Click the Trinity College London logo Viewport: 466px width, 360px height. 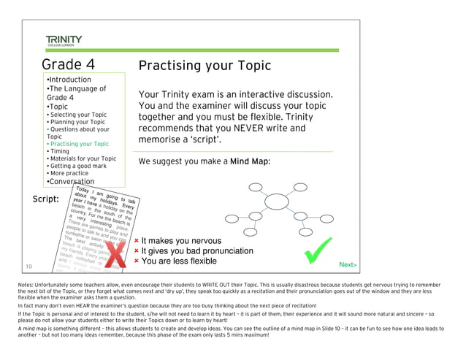(64, 40)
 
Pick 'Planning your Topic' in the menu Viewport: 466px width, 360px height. (76, 122)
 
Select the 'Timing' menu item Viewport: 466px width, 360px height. (61, 151)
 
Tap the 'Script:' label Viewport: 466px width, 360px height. (46, 199)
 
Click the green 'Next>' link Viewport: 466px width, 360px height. (348, 264)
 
